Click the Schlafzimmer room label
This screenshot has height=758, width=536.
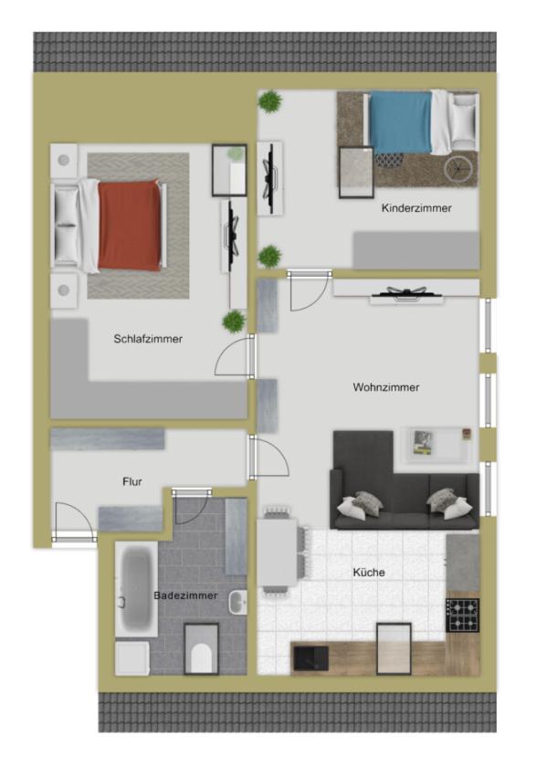pos(148,339)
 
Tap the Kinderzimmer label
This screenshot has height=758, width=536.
pos(416,208)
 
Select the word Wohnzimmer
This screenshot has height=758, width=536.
pos(385,387)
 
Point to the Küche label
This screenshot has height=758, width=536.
pos(369,573)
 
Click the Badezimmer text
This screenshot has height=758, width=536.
pos(185,595)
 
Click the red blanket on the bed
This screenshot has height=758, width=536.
pos(130,225)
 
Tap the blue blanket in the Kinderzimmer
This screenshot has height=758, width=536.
pos(400,122)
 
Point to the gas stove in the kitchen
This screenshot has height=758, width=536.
pos(462,615)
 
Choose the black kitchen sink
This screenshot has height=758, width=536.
pos(311,657)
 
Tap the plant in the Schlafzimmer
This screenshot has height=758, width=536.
pos(235,321)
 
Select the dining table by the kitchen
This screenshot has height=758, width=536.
pos(278,553)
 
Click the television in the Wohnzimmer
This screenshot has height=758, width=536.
pos(405,292)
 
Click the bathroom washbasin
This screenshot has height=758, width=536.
pos(237,602)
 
